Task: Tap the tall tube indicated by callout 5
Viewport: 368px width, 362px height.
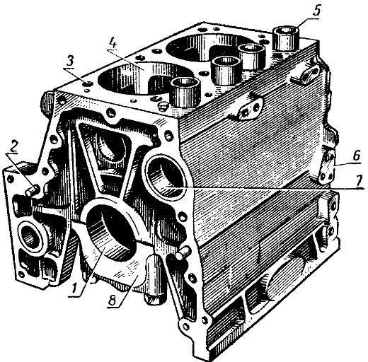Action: pyautogui.click(x=287, y=39)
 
